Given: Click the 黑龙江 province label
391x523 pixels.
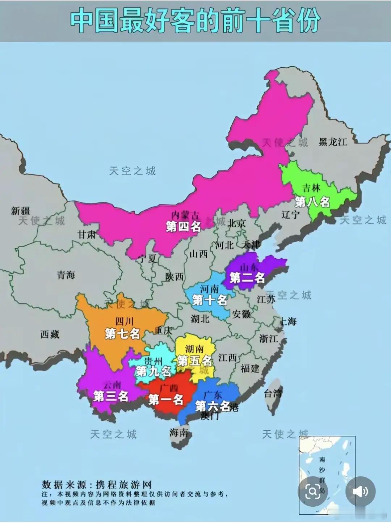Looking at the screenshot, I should (x=333, y=142).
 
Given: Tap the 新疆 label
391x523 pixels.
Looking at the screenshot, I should (x=20, y=211).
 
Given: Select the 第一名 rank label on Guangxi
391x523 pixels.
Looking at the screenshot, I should (x=166, y=400).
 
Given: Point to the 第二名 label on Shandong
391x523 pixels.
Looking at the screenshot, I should (x=247, y=278).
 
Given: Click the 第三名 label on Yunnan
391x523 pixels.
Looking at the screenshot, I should (x=111, y=396).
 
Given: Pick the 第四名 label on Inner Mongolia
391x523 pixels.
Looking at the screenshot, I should (x=183, y=227).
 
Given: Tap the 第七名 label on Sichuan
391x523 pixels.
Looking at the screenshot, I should (x=122, y=333).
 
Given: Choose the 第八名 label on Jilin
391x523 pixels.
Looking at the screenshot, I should (x=312, y=202).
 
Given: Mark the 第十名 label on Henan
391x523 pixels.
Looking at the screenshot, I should (x=210, y=300).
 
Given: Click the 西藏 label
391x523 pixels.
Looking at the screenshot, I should (x=50, y=334).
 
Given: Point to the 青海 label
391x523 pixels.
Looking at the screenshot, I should (x=66, y=275).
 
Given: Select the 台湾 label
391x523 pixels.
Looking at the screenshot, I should (x=273, y=393).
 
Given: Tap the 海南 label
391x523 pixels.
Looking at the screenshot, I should (x=179, y=432).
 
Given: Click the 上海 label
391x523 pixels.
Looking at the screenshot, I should (x=288, y=321).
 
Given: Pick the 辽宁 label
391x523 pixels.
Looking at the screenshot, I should (x=290, y=215).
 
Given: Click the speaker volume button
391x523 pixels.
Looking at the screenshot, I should (x=360, y=491).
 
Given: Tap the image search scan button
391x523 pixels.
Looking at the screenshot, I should (x=312, y=491).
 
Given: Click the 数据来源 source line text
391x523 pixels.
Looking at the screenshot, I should (x=97, y=484).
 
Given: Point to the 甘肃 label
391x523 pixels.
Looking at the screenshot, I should (x=87, y=235).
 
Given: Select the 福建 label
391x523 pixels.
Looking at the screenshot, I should (x=250, y=368).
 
